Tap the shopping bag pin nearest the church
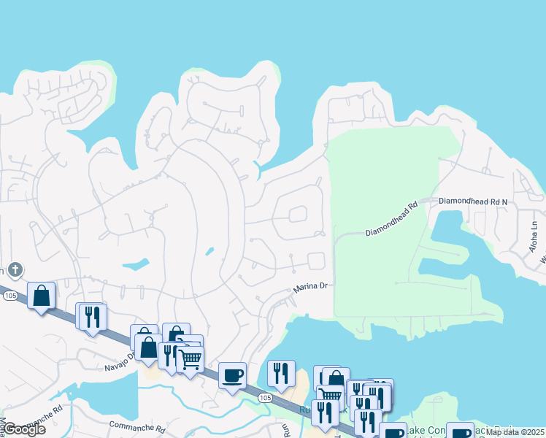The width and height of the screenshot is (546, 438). tap(42, 296)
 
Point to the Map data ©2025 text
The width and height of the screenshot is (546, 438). tap(515, 432)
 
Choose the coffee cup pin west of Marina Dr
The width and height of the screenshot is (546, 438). tap(233, 375)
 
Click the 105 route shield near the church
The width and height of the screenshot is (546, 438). tap(9, 296)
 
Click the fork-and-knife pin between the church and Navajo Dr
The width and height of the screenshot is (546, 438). tap(93, 317)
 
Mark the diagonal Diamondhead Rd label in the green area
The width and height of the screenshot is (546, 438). tap(391, 219)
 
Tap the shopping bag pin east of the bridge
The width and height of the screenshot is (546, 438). tap(336, 380)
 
